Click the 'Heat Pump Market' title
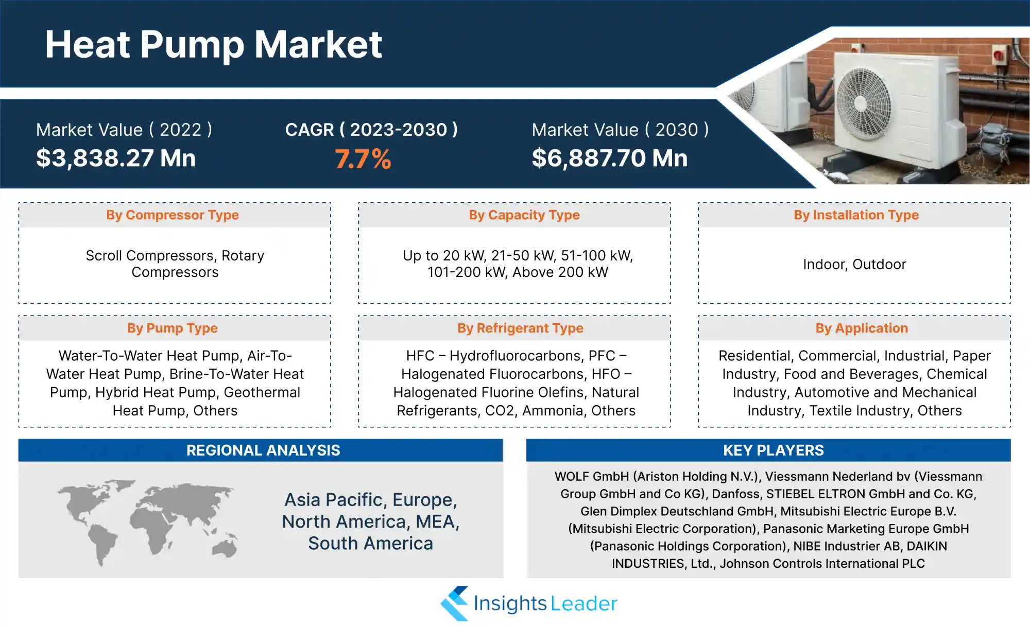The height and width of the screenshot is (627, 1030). tap(213, 45)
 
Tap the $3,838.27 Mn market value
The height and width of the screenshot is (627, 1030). tap(116, 158)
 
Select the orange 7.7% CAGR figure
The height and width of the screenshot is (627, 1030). tap(363, 159)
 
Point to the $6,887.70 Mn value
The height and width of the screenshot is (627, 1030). tap(610, 158)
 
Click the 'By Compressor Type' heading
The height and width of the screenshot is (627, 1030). tap(173, 215)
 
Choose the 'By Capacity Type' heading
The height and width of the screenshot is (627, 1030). tap(524, 215)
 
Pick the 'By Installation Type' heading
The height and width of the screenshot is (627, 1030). tap(856, 215)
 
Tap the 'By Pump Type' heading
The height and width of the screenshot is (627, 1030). tap(173, 328)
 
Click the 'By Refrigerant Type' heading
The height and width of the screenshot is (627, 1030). tap(520, 328)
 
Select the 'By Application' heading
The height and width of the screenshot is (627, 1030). tap(862, 328)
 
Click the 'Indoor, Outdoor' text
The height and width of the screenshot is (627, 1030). tap(854, 264)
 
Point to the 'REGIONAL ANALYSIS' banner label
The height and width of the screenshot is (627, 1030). tap(263, 450)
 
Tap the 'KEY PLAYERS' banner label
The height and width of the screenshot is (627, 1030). tap(774, 450)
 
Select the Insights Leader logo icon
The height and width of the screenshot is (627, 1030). tap(454, 603)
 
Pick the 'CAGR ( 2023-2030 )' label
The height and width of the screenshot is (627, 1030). tap(371, 130)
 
